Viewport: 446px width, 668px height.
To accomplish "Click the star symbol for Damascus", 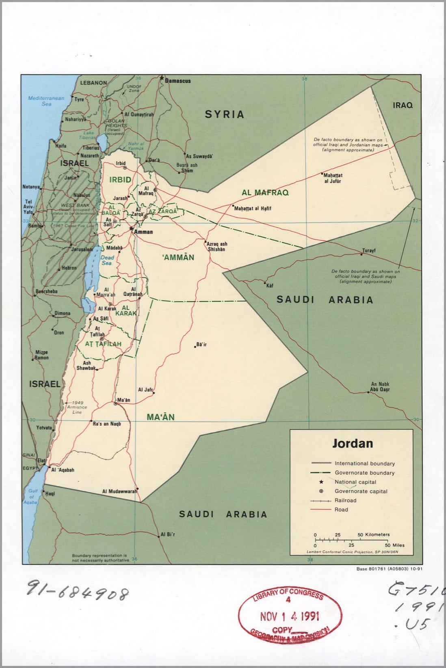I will coord(162,78).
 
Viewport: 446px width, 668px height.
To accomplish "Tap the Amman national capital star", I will coord(131,229).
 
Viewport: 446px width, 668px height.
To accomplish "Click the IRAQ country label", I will coord(403,105).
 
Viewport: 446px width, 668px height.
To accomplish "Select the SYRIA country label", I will coord(224,114).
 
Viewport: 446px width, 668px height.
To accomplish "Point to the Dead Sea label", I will coord(107,260).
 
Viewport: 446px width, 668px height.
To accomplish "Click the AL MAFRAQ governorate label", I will coord(265,193).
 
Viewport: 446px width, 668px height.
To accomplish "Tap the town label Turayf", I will coord(369,250).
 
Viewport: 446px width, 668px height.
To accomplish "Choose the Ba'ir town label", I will coord(201,345).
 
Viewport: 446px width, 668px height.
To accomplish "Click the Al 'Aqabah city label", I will coord(63,470).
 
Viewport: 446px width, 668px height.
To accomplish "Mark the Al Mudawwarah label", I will coord(119,491).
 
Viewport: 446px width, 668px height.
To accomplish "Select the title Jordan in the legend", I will coord(352,443).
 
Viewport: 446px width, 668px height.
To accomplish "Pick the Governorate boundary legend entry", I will coord(364,473).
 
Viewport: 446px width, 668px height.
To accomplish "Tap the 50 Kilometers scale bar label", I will coord(373,534).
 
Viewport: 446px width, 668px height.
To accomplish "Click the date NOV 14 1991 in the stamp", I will coord(290,616).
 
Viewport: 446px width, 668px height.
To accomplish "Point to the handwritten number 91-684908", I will coord(78,593).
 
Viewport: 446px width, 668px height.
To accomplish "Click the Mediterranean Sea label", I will coord(46,101).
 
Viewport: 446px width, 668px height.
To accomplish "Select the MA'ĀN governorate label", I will coord(160,417).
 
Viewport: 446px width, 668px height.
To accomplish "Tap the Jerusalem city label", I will coord(82,249).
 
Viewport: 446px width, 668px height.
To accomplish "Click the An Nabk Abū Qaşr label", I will coord(380,387).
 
